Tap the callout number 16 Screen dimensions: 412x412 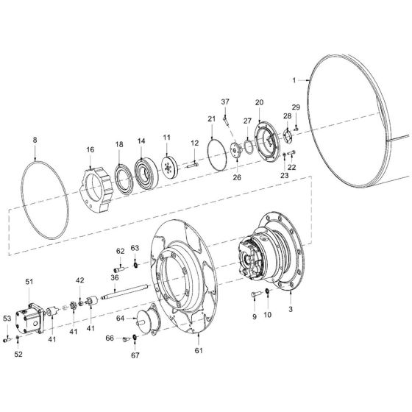(x=90, y=149)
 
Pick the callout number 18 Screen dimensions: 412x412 (x=119, y=146)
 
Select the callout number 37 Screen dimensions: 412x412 (x=226, y=101)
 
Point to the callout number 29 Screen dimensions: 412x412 (x=296, y=107)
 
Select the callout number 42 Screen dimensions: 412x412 (x=79, y=280)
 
